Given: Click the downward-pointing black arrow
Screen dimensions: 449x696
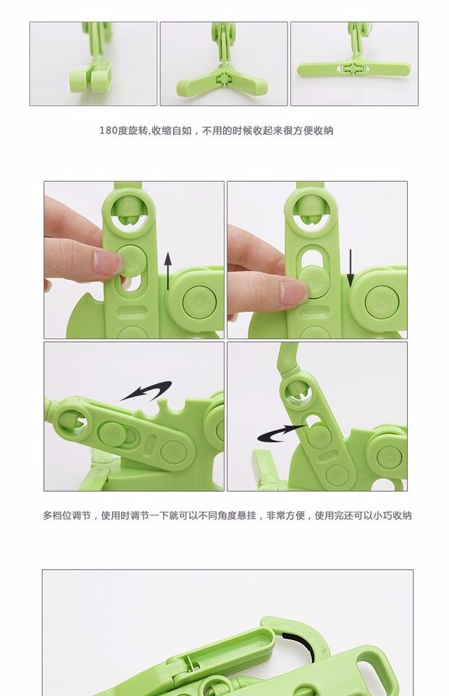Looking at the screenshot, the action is (x=351, y=268).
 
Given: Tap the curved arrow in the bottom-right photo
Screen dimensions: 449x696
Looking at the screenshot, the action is (x=281, y=434).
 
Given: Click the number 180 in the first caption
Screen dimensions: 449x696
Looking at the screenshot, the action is (x=108, y=130).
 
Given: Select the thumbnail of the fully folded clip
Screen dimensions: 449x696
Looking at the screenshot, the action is (x=93, y=64).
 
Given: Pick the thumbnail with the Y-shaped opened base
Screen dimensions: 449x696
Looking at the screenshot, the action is (x=224, y=64).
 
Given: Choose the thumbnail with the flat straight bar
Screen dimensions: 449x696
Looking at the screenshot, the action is (x=354, y=64).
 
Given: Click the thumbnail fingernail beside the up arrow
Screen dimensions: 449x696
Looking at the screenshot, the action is (x=106, y=262).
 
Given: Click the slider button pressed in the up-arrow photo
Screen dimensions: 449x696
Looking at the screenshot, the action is (x=133, y=260).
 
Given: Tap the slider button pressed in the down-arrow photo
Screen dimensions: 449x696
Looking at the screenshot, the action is (x=314, y=281).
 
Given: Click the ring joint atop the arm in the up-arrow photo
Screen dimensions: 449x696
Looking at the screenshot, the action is (x=128, y=209).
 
